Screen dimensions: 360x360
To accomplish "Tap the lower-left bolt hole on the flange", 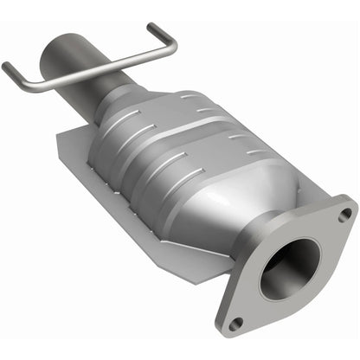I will pyautogui.click(x=238, y=323).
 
